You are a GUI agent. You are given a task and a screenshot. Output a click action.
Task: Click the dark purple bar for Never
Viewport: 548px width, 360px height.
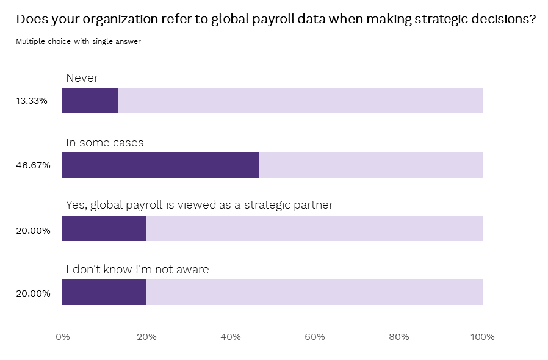click(90, 101)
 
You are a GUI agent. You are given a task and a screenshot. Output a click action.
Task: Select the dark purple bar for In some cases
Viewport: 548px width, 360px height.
click(160, 165)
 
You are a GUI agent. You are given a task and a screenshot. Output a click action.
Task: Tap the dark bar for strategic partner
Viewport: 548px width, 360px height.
click(104, 229)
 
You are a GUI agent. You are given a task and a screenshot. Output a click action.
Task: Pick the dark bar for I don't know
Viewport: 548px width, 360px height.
click(104, 292)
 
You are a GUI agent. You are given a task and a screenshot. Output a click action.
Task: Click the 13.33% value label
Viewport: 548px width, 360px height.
click(32, 101)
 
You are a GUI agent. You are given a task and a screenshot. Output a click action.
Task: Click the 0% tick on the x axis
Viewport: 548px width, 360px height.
click(62, 337)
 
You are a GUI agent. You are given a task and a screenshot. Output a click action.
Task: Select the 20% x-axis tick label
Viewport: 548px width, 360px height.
click(146, 337)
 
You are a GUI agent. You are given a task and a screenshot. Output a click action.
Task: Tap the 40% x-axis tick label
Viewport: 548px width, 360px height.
click(231, 337)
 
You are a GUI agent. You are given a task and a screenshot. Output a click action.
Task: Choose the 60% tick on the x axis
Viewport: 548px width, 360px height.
click(315, 337)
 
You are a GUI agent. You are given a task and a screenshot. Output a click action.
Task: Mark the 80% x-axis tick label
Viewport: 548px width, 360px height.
click(399, 337)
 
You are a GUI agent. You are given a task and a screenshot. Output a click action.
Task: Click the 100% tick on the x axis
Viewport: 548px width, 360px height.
click(483, 337)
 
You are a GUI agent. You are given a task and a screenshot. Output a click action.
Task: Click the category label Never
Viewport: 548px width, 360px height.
click(82, 78)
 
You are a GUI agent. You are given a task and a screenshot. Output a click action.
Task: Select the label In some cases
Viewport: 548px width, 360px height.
click(105, 143)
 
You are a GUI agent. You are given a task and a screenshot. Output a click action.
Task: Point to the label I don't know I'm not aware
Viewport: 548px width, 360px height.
click(137, 270)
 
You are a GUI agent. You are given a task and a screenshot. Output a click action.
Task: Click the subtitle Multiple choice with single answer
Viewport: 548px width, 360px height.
click(79, 42)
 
